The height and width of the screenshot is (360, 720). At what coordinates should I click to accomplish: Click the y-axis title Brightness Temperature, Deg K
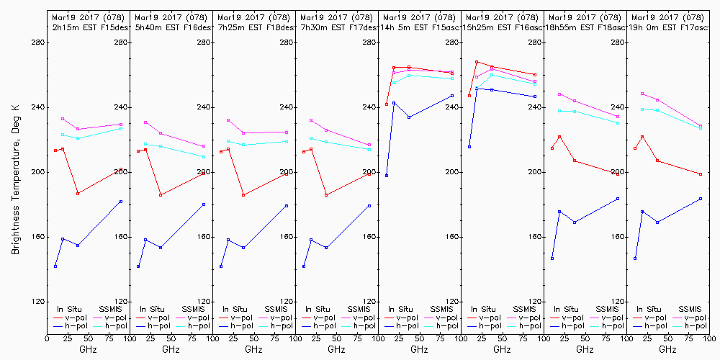[15, 179]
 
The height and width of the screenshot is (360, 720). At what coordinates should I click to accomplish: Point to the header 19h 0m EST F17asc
[669, 27]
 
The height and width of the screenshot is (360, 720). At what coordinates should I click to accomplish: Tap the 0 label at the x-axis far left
[47, 336]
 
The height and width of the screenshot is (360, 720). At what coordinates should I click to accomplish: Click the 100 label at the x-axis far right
[709, 336]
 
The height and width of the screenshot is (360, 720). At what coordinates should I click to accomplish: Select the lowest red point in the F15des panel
[78, 194]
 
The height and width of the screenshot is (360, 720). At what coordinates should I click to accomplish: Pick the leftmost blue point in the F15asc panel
[387, 176]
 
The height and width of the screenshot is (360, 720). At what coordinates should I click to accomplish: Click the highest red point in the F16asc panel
[477, 62]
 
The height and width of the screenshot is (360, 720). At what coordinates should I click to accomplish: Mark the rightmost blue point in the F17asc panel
[701, 199]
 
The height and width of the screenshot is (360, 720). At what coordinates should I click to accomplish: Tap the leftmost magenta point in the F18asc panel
[559, 94]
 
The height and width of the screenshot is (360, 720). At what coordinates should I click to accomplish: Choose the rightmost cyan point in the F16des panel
[204, 157]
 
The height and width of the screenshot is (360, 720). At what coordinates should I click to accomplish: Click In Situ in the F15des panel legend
[71, 309]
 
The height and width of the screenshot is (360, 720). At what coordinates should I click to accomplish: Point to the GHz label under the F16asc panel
[502, 349]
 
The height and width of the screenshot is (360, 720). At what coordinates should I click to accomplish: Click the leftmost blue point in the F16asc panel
[469, 147]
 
